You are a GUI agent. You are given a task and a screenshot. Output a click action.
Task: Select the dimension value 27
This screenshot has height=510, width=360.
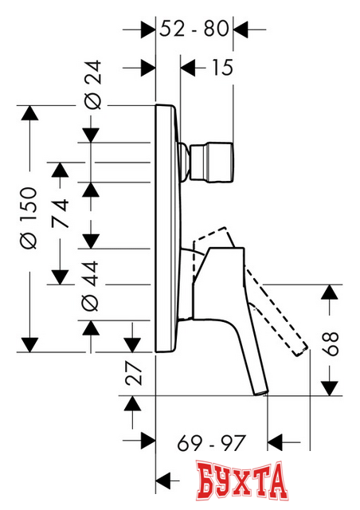coord(133,374)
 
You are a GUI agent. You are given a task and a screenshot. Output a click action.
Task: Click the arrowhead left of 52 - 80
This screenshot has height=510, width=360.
coord(147,29)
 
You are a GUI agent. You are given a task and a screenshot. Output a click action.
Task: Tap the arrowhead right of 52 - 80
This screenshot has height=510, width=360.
coord(238,29)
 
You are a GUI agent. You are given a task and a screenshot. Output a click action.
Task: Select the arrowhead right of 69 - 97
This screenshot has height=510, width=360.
coord(275,440)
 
